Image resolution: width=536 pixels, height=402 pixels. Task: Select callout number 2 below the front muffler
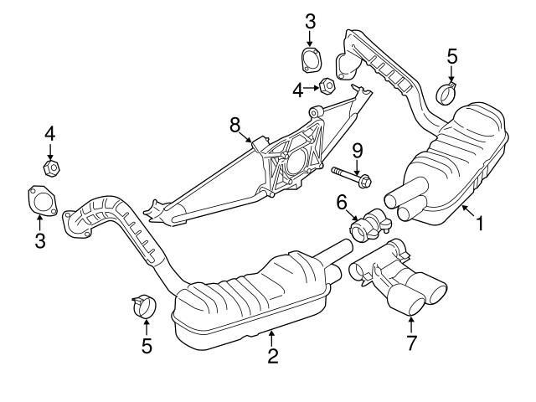click(x=272, y=356)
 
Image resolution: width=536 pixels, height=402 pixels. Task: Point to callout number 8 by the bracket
click(x=235, y=126)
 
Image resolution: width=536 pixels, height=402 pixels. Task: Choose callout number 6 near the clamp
click(x=342, y=202)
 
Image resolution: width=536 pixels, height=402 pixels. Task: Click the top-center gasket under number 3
click(x=311, y=62)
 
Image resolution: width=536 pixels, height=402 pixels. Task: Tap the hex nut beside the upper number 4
click(x=327, y=85)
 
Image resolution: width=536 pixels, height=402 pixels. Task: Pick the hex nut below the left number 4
click(x=50, y=167)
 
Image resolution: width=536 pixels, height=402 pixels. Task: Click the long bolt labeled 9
click(x=352, y=177)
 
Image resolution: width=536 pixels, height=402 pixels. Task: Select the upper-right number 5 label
click(x=451, y=57)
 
